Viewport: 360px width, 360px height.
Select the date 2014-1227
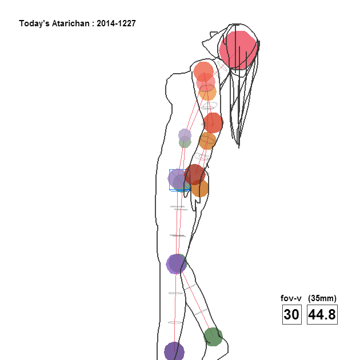tap(116, 23)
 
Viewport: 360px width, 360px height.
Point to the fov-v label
tap(291, 298)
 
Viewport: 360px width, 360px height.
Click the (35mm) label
tap(322, 298)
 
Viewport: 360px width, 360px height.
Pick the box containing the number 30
tap(292, 314)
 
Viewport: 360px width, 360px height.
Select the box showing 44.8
tap(322, 314)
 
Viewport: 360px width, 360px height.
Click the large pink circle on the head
tap(238, 50)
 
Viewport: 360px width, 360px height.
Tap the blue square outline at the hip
tap(179, 180)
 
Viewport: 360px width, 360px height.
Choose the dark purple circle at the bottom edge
tap(174, 351)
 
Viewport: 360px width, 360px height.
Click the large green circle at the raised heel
tap(213, 337)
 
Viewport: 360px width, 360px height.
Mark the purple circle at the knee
tap(176, 264)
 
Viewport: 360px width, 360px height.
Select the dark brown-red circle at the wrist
tap(195, 174)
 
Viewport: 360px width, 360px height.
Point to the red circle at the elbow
tap(213, 123)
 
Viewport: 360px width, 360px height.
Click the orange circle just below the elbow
tap(207, 141)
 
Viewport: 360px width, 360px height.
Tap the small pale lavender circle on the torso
tap(185, 135)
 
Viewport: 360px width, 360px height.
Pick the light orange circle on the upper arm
tap(207, 93)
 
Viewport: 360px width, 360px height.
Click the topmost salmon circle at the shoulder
tap(203, 71)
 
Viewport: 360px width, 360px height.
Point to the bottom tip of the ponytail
tap(239, 148)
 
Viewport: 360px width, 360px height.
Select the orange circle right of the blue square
tap(200, 188)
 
